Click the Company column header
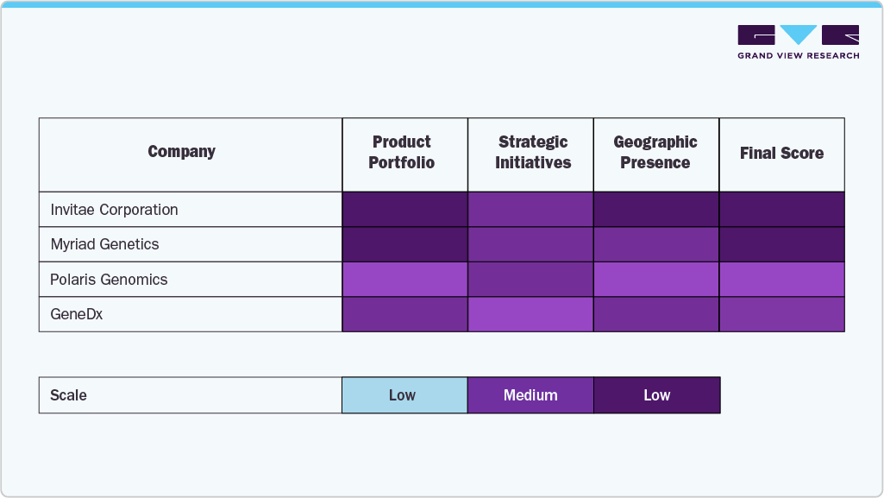point(181,152)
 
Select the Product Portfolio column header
point(402,153)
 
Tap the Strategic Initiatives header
point(532,153)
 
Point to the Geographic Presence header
point(655,153)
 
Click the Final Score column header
point(781,154)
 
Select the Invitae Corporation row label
point(114,210)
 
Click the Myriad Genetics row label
point(104,244)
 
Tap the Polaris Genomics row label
point(109,280)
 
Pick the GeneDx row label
point(77,314)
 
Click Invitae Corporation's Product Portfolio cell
point(404,210)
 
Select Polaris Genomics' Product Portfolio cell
point(404,280)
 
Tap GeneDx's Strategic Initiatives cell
point(530,314)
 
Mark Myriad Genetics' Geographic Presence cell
point(656,244)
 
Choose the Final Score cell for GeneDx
point(781,314)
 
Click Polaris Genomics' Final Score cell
point(781,280)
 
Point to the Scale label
point(69,395)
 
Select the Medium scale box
point(530,395)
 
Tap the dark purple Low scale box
point(656,395)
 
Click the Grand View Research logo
point(798,41)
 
